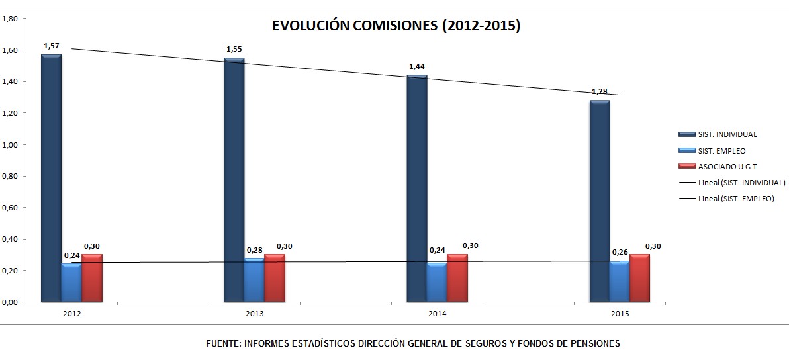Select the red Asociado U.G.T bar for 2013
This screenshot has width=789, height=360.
(274, 278)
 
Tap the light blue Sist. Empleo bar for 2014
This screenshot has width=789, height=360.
(437, 283)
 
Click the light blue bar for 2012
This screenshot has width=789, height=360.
(71, 283)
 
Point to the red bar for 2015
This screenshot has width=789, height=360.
(639, 278)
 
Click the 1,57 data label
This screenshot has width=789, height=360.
(51, 46)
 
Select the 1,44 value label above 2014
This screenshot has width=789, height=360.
(417, 67)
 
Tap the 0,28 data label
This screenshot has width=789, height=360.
(254, 250)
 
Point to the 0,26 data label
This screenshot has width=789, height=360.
(620, 253)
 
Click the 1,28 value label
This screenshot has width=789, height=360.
(600, 91)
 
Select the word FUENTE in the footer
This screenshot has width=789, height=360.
(222, 344)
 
